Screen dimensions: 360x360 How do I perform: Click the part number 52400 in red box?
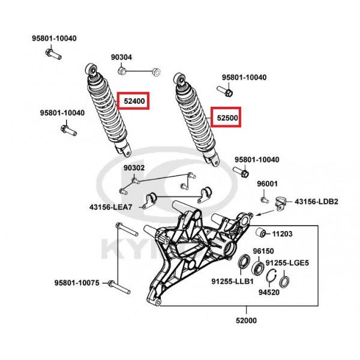click(134, 101)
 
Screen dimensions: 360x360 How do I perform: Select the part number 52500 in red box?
click(227, 118)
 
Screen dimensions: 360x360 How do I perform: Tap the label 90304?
click(121, 57)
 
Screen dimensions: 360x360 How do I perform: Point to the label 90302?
click(134, 168)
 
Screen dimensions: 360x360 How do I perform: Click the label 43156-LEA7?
click(110, 208)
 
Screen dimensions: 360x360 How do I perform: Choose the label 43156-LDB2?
click(316, 202)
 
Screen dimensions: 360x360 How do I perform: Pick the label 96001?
click(267, 184)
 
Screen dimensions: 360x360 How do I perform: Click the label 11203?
click(282, 234)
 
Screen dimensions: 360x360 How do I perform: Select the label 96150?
click(263, 251)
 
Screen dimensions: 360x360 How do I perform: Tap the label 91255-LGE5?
click(287, 263)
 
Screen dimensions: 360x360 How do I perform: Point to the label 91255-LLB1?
click(232, 281)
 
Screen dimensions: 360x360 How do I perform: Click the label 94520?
click(269, 292)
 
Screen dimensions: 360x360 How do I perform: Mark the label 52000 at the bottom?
click(246, 320)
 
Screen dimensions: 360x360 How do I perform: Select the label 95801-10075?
click(77, 283)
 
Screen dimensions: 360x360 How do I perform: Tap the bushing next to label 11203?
click(261, 232)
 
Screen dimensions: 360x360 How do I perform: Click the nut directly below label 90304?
click(121, 70)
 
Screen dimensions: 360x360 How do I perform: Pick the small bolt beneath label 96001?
click(265, 200)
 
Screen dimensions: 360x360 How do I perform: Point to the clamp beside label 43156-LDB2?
click(281, 203)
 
